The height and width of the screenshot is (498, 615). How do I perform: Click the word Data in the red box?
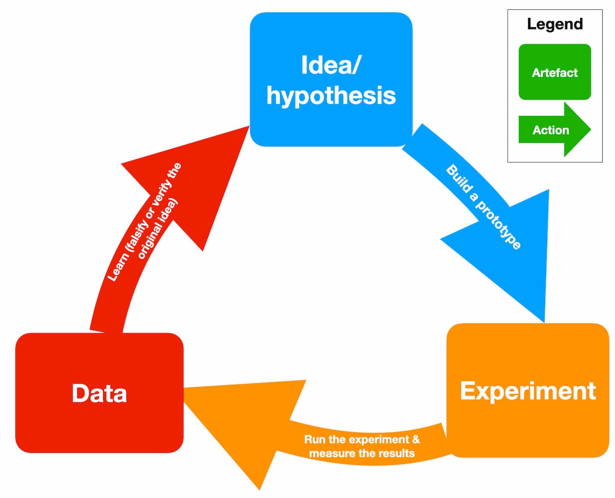tap(99, 393)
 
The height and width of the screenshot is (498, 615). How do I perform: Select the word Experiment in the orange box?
tap(528, 390)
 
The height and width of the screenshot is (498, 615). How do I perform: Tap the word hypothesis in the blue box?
tap(331, 95)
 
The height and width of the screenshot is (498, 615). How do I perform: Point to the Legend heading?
tap(555, 24)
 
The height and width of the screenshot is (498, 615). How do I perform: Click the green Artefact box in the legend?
tap(555, 72)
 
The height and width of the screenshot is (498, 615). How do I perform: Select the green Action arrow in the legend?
tap(555, 130)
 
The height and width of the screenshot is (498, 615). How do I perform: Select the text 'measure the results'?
tap(362, 453)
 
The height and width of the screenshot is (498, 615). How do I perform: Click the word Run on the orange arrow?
tap(314, 440)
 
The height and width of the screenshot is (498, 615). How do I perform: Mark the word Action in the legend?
tap(550, 130)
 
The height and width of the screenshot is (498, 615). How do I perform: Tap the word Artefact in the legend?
tap(555, 73)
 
